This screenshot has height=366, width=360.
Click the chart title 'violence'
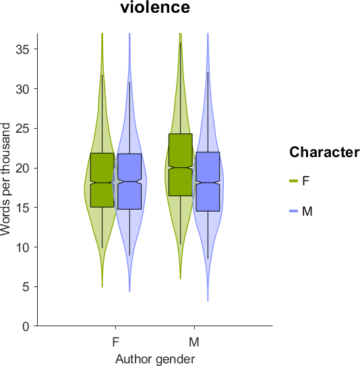[155, 7]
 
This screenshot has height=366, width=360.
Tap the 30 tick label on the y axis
[23, 89]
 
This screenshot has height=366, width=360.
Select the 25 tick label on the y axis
[23, 128]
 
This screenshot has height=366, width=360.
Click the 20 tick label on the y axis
[23, 168]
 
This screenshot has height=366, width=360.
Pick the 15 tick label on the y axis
[23, 208]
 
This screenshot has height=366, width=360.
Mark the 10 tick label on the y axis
[23, 247]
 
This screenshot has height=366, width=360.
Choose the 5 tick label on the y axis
[26, 286]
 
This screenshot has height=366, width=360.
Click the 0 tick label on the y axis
[26, 326]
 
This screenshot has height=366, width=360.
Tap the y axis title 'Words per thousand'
[5, 179]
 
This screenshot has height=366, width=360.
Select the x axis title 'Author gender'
[155, 359]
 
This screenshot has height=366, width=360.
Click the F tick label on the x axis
[116, 342]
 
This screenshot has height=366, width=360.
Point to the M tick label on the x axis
[194, 342]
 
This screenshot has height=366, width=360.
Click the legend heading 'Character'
[324, 152]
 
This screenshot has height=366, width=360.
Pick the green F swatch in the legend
[293, 181]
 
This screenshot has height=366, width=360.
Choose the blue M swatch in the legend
[293, 211]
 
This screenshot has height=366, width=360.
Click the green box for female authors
[102, 180]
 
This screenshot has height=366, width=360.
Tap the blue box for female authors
[130, 181]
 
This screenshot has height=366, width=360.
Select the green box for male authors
[181, 164]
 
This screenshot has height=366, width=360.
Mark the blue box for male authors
[208, 181]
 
